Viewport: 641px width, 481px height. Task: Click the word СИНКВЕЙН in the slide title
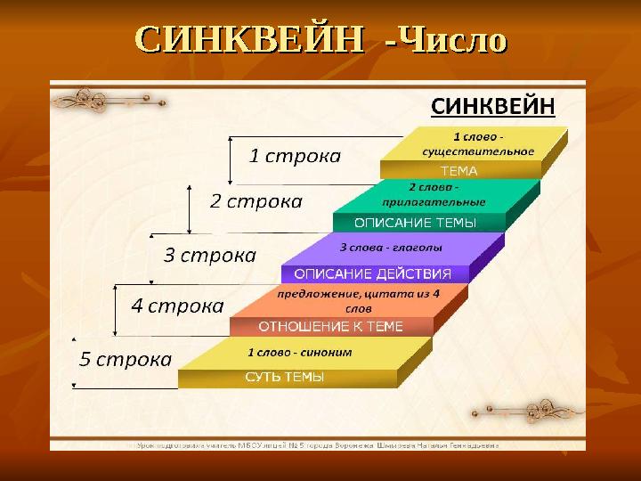[249, 39]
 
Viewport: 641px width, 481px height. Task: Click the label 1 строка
[294, 157]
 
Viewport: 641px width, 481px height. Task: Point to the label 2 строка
[256, 201]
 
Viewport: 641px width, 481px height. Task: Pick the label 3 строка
[210, 256]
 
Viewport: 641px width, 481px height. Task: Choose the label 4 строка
[177, 306]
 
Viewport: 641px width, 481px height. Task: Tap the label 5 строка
[126, 360]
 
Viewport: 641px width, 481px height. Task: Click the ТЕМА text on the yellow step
[459, 170]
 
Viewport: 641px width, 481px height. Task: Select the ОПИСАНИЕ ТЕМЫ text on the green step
[415, 222]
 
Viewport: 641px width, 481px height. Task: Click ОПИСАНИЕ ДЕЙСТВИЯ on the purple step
[372, 273]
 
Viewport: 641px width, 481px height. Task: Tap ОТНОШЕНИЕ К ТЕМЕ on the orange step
[331, 326]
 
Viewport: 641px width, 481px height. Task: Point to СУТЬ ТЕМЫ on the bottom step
[284, 378]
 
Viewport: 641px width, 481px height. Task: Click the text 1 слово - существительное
[479, 144]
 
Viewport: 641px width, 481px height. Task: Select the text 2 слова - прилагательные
[434, 194]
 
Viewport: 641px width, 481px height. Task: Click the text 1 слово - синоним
[299, 352]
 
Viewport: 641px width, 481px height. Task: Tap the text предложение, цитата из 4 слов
[358, 299]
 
